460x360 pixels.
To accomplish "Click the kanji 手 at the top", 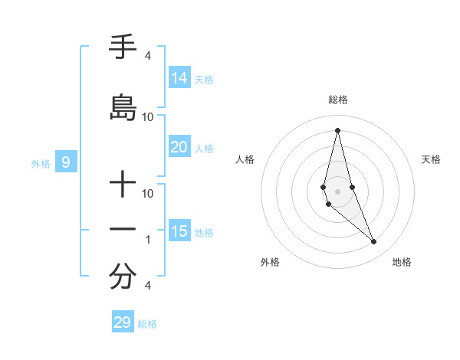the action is pos(123,48).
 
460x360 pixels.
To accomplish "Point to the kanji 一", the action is pos(123,229).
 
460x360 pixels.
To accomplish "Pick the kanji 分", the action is pos(123,277).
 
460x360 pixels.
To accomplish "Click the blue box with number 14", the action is pos(179,78).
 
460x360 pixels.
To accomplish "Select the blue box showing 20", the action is pos(179,147).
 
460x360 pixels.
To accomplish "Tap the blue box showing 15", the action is pos(179,231).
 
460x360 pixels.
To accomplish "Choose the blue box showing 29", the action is pos(123,322).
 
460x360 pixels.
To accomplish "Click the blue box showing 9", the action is pos(66,162).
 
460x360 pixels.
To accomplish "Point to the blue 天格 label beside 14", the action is pos(204,79).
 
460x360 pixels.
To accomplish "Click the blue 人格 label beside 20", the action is pos(204,148).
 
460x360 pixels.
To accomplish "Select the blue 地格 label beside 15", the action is pos(204,232).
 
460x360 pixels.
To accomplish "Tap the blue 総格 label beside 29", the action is pos(147,323).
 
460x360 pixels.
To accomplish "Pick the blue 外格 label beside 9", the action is pos(41,163).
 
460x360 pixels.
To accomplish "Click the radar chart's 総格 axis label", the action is pos(338,100).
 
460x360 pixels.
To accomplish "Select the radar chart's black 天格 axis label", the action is pos(431,159).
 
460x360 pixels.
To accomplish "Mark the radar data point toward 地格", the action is pos(374,242).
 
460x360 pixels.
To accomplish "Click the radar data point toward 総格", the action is pos(337,130).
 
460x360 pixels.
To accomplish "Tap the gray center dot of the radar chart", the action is pos(337,191).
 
